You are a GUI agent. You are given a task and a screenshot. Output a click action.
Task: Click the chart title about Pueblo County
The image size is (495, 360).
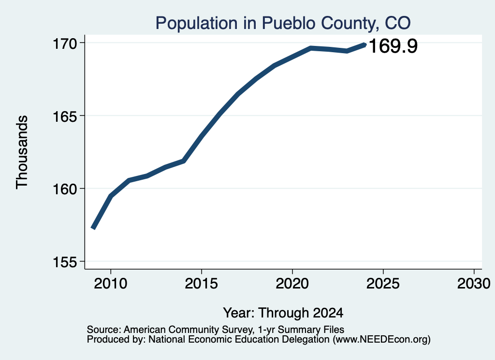coord(283,23)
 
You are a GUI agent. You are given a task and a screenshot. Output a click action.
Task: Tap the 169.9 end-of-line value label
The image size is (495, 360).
coord(393,46)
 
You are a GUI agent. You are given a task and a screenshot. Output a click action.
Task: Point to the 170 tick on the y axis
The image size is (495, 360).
coord(65,43)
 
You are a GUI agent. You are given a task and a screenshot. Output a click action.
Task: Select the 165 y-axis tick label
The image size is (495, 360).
coord(65,116)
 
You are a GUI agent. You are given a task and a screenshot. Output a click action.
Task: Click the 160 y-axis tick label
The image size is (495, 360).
coord(65,189)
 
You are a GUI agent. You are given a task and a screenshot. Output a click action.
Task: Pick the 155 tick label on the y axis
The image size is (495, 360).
coord(65,262)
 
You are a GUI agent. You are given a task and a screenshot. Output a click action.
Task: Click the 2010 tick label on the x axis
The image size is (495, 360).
coord(111,283)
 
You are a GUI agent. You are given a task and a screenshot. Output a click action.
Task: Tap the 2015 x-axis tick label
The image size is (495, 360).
coord(202,283)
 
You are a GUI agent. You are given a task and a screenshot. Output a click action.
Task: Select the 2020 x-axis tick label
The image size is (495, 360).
coord(292,283)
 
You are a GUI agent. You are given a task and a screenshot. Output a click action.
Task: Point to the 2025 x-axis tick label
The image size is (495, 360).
coord(383,283)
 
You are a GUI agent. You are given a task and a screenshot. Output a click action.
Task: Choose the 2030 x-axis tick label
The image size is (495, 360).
coord(474,283)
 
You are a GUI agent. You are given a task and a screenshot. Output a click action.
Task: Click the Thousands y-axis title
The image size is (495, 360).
coord(22,152)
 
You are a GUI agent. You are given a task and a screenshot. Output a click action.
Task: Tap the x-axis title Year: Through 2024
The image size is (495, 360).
coord(283,313)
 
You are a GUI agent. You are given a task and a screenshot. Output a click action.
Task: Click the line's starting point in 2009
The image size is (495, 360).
coord(93,228)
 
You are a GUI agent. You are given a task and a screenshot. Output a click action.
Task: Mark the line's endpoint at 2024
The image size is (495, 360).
coord(364,45)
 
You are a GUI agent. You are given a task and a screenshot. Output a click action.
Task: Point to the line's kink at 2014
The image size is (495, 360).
coord(183,161)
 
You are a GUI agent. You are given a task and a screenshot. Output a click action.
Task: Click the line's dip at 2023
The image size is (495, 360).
coord(347,51)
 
